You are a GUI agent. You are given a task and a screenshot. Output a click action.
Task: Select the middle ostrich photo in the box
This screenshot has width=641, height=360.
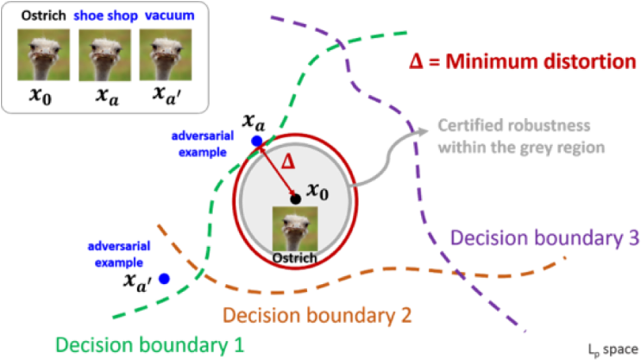(105, 55)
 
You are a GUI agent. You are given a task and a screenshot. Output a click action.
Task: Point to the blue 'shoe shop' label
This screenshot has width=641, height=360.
(104, 16)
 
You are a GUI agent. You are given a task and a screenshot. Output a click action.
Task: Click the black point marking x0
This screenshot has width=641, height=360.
(295, 199)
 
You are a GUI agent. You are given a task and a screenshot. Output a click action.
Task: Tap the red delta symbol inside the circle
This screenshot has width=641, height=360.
(290, 161)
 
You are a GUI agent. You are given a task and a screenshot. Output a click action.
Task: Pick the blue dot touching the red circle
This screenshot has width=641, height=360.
(255, 140)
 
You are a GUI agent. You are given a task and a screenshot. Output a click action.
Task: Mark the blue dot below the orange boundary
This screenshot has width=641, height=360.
(163, 278)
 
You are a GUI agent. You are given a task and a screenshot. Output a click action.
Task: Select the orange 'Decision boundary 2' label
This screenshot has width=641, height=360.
(317, 313)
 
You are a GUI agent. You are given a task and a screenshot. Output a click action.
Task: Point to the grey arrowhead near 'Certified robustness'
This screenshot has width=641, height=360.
(422, 130)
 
